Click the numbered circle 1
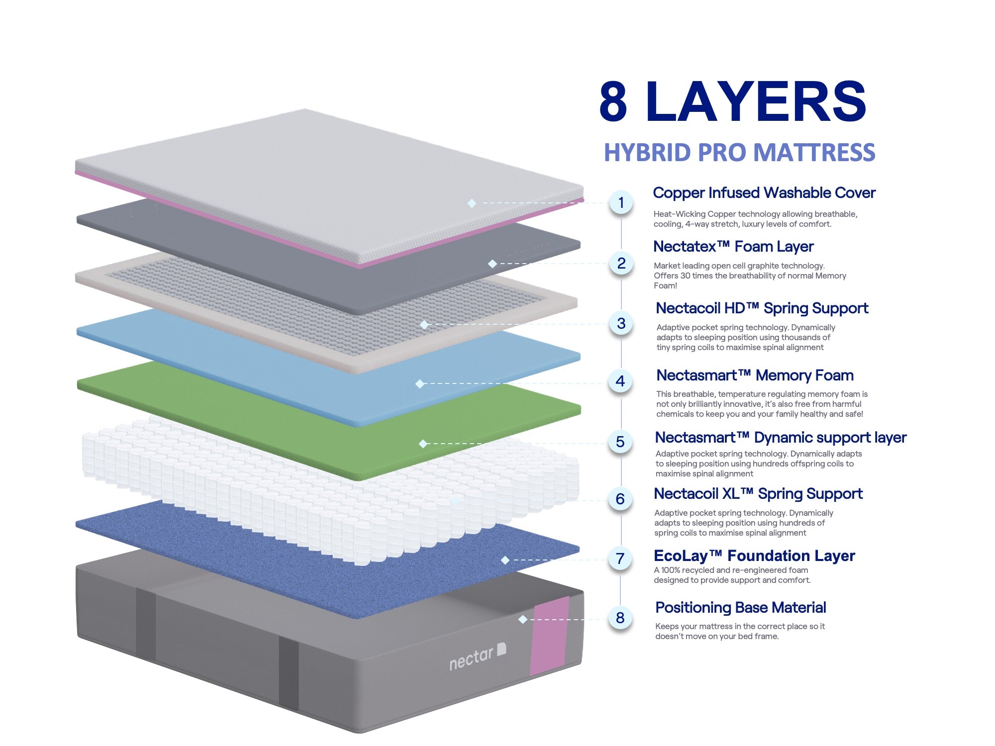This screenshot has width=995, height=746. (x=621, y=202)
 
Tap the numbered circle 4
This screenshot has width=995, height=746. (x=620, y=381)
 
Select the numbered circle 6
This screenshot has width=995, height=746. (x=620, y=499)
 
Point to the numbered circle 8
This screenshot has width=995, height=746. (x=620, y=618)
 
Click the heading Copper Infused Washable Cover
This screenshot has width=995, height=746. (x=764, y=193)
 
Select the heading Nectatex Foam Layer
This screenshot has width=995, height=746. (x=733, y=247)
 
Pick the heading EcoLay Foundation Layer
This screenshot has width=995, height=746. (x=754, y=556)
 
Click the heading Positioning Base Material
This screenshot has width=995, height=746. (x=740, y=608)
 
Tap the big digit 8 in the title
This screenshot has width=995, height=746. (x=613, y=102)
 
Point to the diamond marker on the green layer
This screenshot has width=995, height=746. (x=423, y=444)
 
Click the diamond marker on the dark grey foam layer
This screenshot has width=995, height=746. (x=493, y=264)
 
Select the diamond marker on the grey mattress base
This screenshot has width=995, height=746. (x=522, y=619)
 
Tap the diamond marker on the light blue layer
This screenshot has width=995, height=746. (x=420, y=383)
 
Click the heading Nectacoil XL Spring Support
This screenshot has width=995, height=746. (x=758, y=494)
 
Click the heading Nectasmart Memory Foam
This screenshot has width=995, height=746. (x=755, y=375)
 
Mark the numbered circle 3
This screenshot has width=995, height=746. (x=621, y=323)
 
